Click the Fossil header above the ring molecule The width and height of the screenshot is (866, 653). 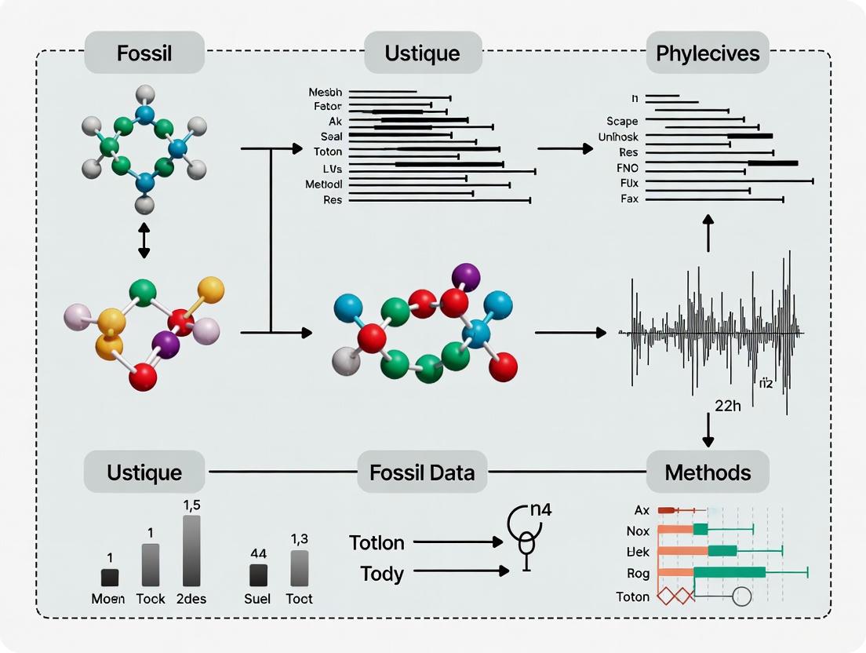(144, 54)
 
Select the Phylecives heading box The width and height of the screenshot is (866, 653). (708, 54)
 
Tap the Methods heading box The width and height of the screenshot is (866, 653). (708, 472)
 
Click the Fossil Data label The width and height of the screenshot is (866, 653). (422, 472)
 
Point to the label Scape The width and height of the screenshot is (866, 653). (622, 122)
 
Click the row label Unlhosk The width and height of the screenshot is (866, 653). (618, 137)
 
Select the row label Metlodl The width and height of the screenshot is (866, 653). (324, 184)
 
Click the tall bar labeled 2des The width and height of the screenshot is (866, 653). (191, 551)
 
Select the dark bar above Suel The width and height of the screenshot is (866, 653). (258, 575)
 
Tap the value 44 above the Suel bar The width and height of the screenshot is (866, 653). (258, 553)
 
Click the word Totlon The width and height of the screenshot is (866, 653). (377, 542)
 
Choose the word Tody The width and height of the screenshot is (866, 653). (382, 574)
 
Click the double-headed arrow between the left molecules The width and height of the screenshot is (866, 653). (143, 239)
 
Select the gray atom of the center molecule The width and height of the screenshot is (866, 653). (346, 362)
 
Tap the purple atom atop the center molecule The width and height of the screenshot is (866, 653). (466, 275)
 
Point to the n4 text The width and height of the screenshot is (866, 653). (540, 509)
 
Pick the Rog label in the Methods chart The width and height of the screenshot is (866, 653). (639, 573)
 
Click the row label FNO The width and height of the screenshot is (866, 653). (629, 167)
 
